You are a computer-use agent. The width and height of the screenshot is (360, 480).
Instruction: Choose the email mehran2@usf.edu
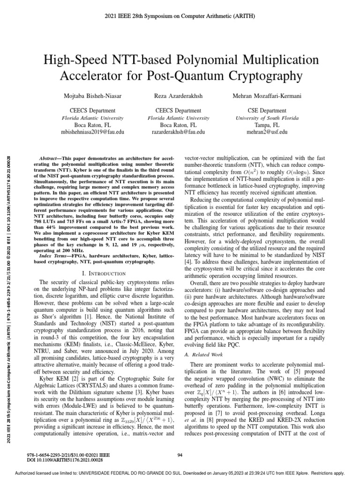point(266,133)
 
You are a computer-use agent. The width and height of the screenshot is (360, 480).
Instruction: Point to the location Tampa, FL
point(266,126)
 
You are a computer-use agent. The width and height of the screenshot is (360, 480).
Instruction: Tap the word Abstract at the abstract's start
point(50,160)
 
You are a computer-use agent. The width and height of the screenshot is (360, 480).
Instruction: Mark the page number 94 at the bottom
point(180,455)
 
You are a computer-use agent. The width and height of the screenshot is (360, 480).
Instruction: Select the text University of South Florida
point(266,118)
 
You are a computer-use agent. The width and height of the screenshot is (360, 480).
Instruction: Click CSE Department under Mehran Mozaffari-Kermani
point(266,111)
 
